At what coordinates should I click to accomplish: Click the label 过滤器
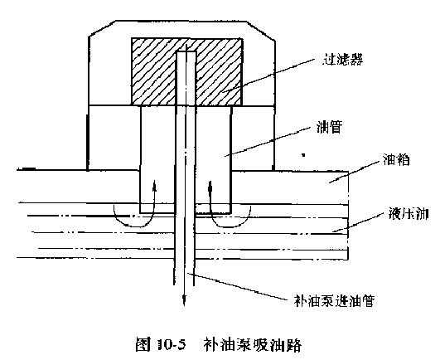pos(342,60)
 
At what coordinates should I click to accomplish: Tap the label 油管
pos(329,127)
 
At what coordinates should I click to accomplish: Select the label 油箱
pos(396,159)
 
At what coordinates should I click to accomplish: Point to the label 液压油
pos(409,213)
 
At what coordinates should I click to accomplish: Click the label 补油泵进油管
pos(334,301)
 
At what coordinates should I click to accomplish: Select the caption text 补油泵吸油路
pos(252,344)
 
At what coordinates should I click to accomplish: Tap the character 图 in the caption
pos(144,344)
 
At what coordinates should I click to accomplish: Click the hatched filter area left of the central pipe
pos(153,71)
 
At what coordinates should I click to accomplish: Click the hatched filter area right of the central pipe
pos(219,71)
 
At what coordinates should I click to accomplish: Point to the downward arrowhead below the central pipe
pos(184,300)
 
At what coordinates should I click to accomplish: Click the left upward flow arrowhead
pos(154,186)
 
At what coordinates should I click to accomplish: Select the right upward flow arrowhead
pos(210,187)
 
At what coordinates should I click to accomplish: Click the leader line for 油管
pos(268,141)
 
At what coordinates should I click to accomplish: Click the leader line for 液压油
pos(358,222)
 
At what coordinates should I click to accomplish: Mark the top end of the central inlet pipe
pos(186,51)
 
